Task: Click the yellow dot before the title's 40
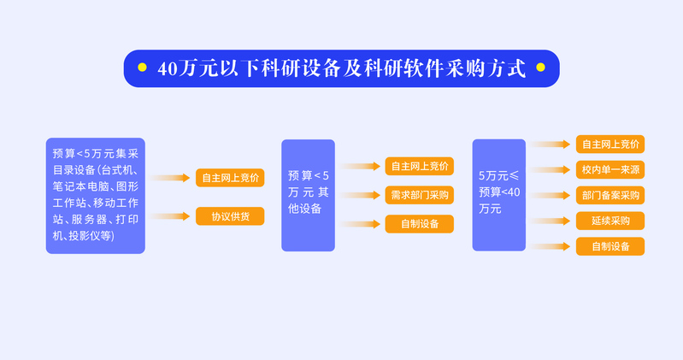[142, 67]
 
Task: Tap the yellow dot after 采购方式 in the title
[540, 67]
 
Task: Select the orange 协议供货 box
[230, 216]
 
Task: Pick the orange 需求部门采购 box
[420, 195]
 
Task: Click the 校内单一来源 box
[610, 169]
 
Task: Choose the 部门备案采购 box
[610, 195]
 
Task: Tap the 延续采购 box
[610, 221]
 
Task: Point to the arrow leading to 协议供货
[169, 216]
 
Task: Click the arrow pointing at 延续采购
[551, 221]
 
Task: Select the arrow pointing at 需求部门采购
[360, 195]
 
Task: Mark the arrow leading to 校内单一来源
[551, 170]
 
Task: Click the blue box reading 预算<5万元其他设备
[308, 195]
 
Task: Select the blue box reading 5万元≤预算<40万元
[498, 195]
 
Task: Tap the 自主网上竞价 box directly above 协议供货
[230, 178]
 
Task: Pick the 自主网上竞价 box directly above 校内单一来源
[610, 145]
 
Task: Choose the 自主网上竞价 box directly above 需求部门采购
[420, 166]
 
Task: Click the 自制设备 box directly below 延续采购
[610, 246]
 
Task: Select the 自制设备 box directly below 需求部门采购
[420, 224]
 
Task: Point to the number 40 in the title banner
[168, 69]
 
